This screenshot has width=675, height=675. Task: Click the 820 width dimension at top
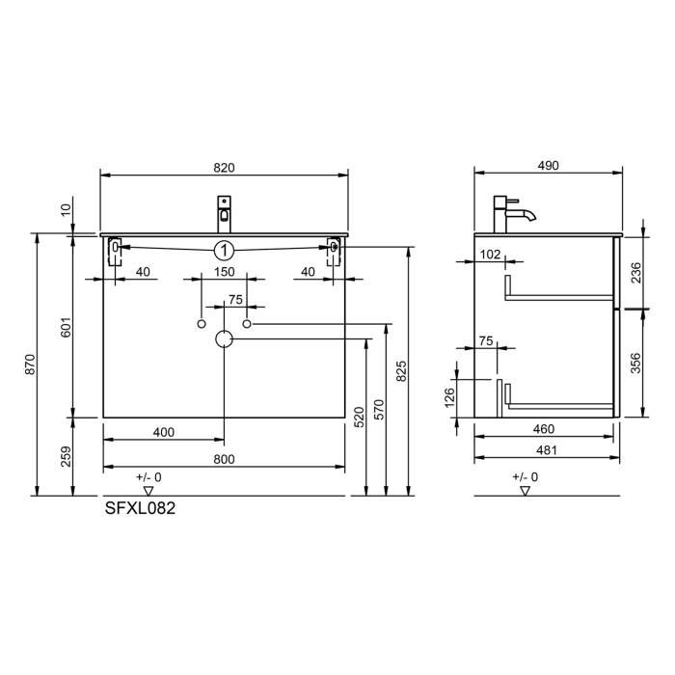pyautogui.click(x=224, y=167)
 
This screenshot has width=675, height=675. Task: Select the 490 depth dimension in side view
pyautogui.click(x=548, y=166)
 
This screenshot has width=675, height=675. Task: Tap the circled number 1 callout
pyautogui.click(x=224, y=250)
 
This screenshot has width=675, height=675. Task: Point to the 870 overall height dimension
pyautogui.click(x=29, y=364)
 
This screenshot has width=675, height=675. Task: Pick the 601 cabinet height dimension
pyautogui.click(x=66, y=328)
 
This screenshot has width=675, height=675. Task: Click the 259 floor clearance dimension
pyautogui.click(x=66, y=457)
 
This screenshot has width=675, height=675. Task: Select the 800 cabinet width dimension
pyautogui.click(x=224, y=460)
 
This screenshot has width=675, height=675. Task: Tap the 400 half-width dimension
pyautogui.click(x=164, y=432)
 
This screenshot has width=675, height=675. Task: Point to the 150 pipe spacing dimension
pyautogui.click(x=224, y=273)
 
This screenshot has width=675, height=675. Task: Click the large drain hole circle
pyautogui.click(x=224, y=338)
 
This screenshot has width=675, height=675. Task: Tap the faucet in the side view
pyautogui.click(x=507, y=213)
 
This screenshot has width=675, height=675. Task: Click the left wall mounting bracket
pyautogui.click(x=115, y=249)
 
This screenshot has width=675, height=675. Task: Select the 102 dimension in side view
pyautogui.click(x=490, y=255)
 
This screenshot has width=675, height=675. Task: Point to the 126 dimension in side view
pyautogui.click(x=450, y=397)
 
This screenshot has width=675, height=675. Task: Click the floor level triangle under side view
pyautogui.click(x=525, y=491)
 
